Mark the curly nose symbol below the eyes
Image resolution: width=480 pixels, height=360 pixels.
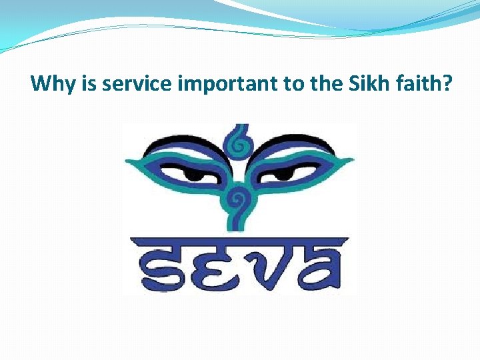tap(237, 200)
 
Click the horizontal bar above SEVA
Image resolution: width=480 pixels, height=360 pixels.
tap(237, 241)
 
